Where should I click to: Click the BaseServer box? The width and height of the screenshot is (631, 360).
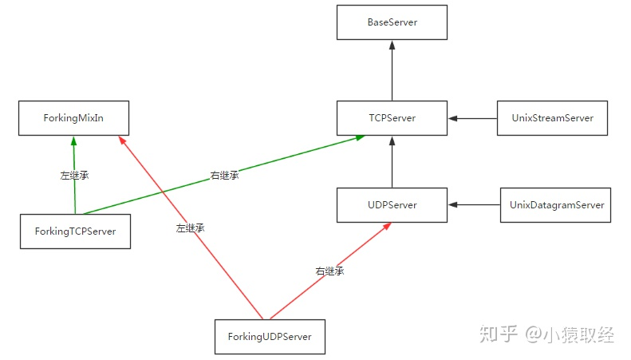click(392, 22)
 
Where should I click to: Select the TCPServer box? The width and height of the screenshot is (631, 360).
click(392, 118)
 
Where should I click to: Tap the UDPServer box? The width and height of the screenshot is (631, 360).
click(392, 205)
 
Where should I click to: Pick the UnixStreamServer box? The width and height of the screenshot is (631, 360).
click(552, 118)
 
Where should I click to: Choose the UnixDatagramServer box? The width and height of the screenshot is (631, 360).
click(555, 205)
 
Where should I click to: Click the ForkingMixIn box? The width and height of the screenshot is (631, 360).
click(73, 118)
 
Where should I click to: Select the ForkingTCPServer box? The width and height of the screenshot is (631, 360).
click(75, 231)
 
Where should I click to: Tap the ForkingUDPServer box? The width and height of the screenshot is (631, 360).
click(270, 337)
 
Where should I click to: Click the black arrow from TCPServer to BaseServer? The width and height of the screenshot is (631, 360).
click(392, 70)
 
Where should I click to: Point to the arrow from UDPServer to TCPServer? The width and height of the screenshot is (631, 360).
click(392, 162)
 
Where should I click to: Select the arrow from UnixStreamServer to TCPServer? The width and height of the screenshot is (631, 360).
click(472, 118)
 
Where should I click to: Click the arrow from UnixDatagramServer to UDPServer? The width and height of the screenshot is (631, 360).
click(474, 205)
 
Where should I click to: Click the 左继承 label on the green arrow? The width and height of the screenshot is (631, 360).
click(74, 175)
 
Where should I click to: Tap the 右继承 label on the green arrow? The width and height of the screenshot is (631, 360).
click(224, 175)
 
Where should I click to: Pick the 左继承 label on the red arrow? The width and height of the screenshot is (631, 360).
click(191, 228)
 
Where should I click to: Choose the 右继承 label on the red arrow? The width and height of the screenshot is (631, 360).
click(329, 271)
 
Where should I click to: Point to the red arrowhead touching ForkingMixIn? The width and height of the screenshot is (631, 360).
click(122, 140)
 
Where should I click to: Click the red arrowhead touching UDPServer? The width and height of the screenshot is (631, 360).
click(386, 227)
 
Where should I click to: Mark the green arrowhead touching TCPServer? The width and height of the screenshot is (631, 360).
click(360, 138)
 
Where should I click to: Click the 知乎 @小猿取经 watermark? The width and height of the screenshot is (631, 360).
click(547, 334)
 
